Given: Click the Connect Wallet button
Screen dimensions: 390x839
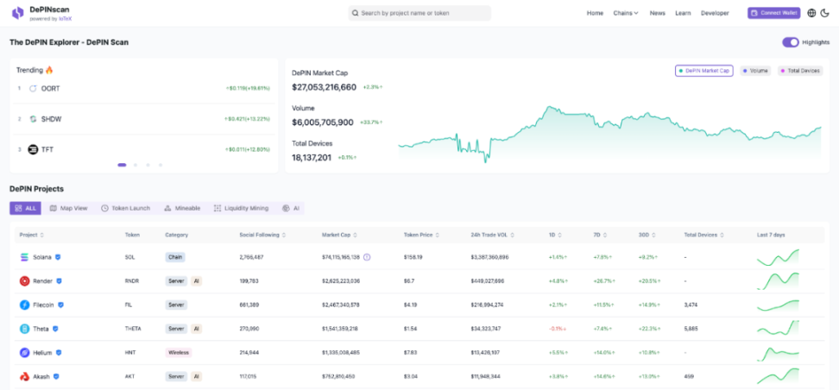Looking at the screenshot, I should pos(773,13).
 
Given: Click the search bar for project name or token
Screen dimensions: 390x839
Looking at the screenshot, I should pos(419,13).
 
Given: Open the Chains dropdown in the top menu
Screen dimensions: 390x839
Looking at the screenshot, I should pos(626,13).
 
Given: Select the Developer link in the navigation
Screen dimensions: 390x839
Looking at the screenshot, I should pos(715,13).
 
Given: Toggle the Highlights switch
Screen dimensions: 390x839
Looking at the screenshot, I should pos(791,42).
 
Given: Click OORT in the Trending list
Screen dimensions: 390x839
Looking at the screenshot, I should pos(51,88).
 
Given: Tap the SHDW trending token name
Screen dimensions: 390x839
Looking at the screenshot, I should pos(52,119).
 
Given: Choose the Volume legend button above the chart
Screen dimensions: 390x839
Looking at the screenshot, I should pos(756,71).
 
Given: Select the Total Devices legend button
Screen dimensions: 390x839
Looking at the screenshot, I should pos(800,71).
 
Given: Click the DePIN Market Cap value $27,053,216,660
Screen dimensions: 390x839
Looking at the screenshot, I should pos(324,87).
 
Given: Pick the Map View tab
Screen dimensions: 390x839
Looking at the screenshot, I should pos(68,208).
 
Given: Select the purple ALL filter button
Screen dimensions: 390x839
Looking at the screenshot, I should pos(25,208).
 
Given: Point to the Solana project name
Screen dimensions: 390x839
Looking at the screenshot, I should pos(42,257).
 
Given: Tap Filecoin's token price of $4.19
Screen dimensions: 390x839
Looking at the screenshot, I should pos(411,305).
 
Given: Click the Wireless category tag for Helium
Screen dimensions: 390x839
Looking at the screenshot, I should pos(178,353).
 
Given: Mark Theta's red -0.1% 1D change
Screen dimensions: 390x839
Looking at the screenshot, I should pos(557,329).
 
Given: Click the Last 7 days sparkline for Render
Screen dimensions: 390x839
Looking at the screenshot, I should pos(778,280).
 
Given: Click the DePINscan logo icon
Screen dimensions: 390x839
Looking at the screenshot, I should pos(17,13).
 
